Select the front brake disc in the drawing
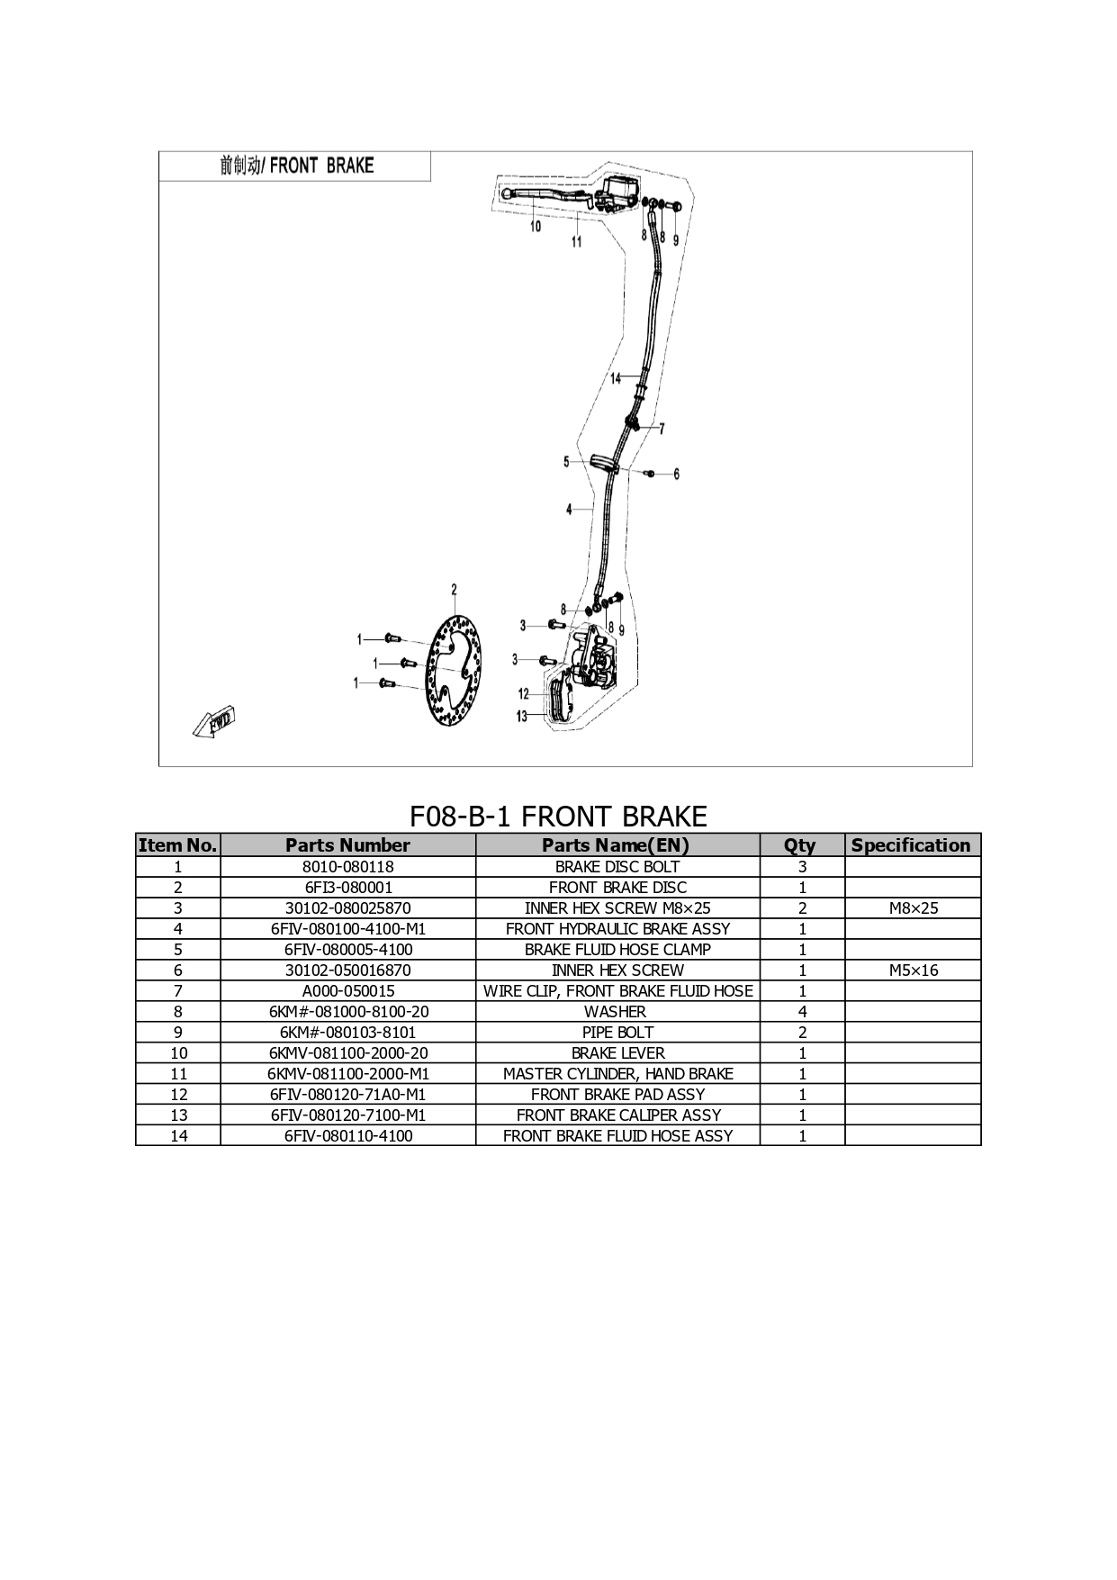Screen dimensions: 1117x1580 pos(454,674)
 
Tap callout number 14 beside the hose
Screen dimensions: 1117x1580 pos(616,378)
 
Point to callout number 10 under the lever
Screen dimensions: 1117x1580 pos(536,227)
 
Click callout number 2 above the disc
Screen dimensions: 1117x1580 pos(454,591)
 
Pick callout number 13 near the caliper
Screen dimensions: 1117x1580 pos(521,717)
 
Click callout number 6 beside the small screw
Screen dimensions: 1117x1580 pos(677,474)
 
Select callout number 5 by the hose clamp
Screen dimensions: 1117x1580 pos(566,462)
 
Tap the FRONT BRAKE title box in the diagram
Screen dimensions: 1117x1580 pos(295,167)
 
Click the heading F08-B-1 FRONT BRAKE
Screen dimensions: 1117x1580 pos(558,817)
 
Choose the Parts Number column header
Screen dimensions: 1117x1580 pos(347,845)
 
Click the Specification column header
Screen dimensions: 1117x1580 pos(912,845)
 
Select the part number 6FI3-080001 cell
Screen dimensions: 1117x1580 pos(347,888)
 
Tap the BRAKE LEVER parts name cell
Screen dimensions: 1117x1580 pos(617,1053)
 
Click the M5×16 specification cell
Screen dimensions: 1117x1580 pos(913,971)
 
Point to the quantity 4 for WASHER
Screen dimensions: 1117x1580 pos(802,1012)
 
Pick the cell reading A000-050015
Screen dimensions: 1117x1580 pos(347,991)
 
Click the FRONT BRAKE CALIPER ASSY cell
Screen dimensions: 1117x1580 pos(617,1115)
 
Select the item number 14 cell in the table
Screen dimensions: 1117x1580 pos(178,1136)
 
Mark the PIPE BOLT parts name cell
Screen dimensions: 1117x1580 pos(617,1033)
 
